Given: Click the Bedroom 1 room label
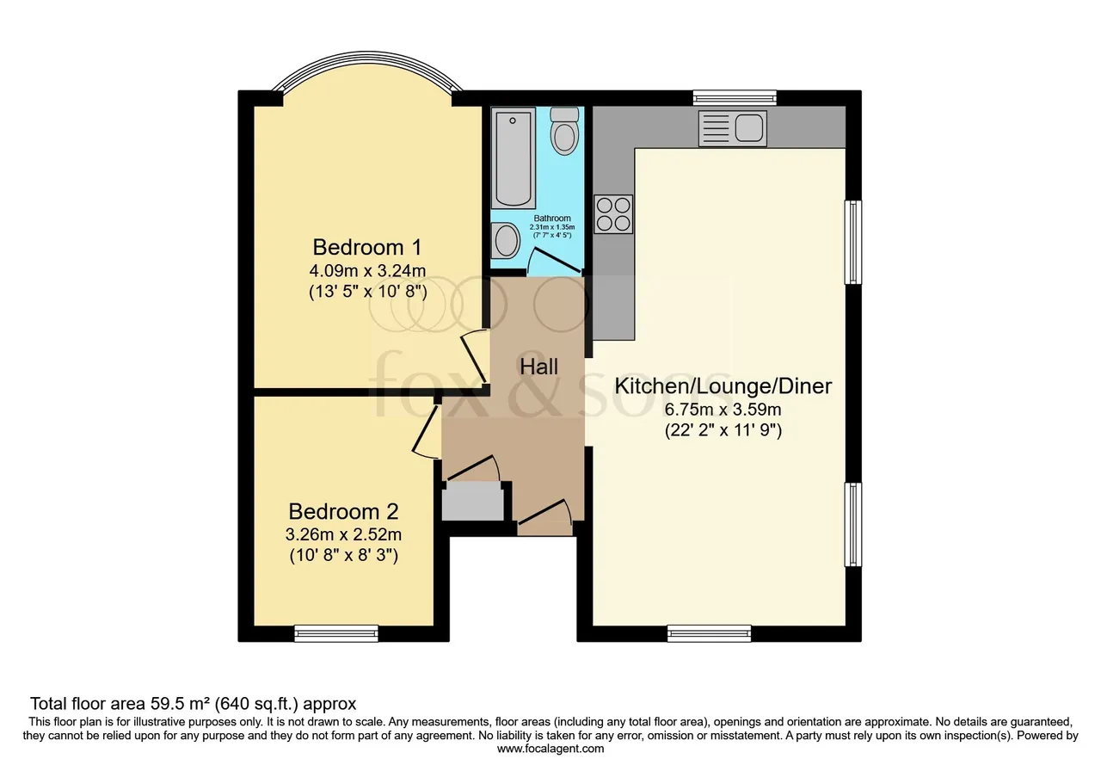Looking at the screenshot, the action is tap(367, 247).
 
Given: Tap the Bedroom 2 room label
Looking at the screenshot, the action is tap(343, 512).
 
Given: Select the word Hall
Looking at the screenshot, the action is tap(539, 367).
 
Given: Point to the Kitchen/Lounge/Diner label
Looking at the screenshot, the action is tap(723, 386).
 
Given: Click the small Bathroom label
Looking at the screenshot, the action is tap(552, 219).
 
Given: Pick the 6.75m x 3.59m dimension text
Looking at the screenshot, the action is tap(723, 409).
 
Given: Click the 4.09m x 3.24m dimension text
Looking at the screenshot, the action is tap(367, 270).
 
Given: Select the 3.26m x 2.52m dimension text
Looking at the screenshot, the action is tap(343, 534).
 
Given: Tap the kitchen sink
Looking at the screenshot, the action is tap(732, 128).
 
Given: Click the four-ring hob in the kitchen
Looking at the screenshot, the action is tap(613, 214).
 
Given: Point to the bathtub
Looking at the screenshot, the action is tap(514, 158).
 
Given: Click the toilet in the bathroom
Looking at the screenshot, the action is tap(564, 132).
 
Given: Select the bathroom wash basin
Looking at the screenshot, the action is tap(506, 240).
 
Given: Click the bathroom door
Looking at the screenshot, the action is tap(556, 261).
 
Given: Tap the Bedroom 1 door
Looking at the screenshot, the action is tap(473, 357).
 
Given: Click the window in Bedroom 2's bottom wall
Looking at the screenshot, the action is tap(336, 633).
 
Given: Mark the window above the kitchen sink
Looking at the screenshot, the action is tap(735, 97).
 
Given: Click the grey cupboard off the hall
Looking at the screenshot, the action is tap(473, 501).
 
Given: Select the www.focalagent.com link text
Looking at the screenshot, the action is tap(550, 749).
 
